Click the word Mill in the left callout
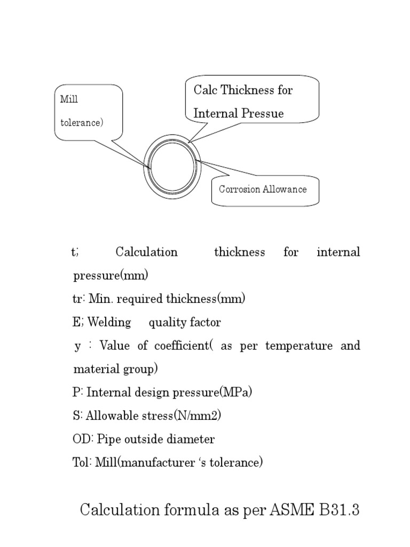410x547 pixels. click(69, 99)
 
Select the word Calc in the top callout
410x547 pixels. click(205, 90)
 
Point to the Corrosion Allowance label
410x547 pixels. click(263, 189)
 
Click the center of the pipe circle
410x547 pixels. click(172, 165)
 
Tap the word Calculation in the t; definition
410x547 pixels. click(147, 252)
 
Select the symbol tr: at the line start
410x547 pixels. click(79, 299)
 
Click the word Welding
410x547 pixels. click(109, 323)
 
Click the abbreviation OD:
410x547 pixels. click(83, 440)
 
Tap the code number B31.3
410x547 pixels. click(340, 510)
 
